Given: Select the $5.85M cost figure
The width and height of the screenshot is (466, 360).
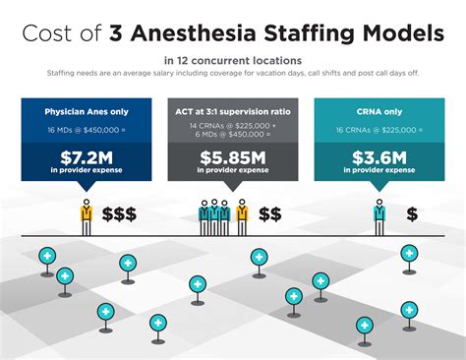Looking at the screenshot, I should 232,157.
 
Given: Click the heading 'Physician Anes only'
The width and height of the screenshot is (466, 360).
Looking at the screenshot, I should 86,111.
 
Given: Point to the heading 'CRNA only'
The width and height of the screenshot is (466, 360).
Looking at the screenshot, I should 379,111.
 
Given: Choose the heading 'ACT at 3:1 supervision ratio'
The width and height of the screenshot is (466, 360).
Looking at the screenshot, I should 232,111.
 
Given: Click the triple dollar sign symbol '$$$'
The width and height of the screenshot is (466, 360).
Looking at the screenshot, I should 119,213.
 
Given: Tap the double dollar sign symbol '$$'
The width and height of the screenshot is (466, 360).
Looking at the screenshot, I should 270,213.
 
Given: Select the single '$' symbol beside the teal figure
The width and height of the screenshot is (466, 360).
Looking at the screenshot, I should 411,213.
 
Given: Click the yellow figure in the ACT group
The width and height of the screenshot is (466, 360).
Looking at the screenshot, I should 241,215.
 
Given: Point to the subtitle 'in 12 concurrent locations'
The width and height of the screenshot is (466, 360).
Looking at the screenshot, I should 232,61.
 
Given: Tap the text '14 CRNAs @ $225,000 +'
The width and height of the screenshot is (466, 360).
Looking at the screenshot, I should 232,128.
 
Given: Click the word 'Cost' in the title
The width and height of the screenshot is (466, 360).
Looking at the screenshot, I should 48,34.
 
